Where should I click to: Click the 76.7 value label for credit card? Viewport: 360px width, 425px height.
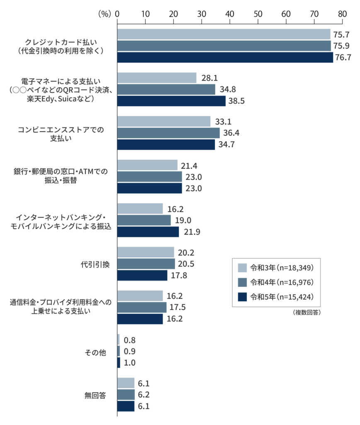343,58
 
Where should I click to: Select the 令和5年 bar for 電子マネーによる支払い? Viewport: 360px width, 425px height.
171,101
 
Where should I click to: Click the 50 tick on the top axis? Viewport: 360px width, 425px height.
258,14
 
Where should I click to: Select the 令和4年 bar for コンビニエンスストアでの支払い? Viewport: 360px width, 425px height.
168,133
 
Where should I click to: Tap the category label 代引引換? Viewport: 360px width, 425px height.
95,264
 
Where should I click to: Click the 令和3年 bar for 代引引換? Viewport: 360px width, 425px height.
146,252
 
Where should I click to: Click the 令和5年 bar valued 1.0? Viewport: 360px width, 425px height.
119,363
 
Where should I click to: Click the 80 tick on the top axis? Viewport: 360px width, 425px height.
342,14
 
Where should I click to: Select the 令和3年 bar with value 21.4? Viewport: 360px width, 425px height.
147,165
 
